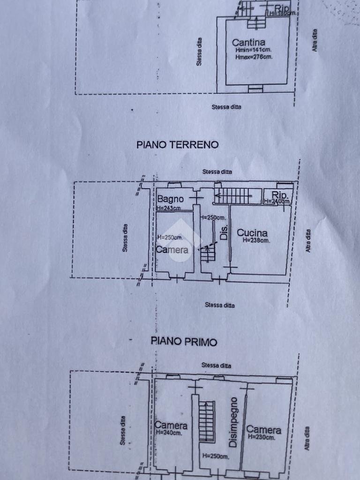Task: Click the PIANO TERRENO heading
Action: click(x=177, y=145)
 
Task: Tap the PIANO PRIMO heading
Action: click(x=184, y=342)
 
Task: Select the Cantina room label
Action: click(x=248, y=43)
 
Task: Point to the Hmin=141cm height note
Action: click(x=254, y=50)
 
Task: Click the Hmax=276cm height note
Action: click(x=254, y=57)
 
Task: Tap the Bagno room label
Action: click(x=170, y=199)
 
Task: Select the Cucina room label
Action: click(x=252, y=233)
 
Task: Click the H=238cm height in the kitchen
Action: click(x=256, y=240)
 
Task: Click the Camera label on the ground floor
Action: click(x=172, y=250)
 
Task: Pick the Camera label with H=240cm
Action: click(x=171, y=426)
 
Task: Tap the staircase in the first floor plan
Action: click(x=206, y=421)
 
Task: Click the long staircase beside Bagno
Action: click(x=232, y=195)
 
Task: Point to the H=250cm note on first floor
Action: click(x=215, y=456)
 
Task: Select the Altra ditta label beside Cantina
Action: click(x=315, y=40)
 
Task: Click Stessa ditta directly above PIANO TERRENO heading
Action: click(x=226, y=107)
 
